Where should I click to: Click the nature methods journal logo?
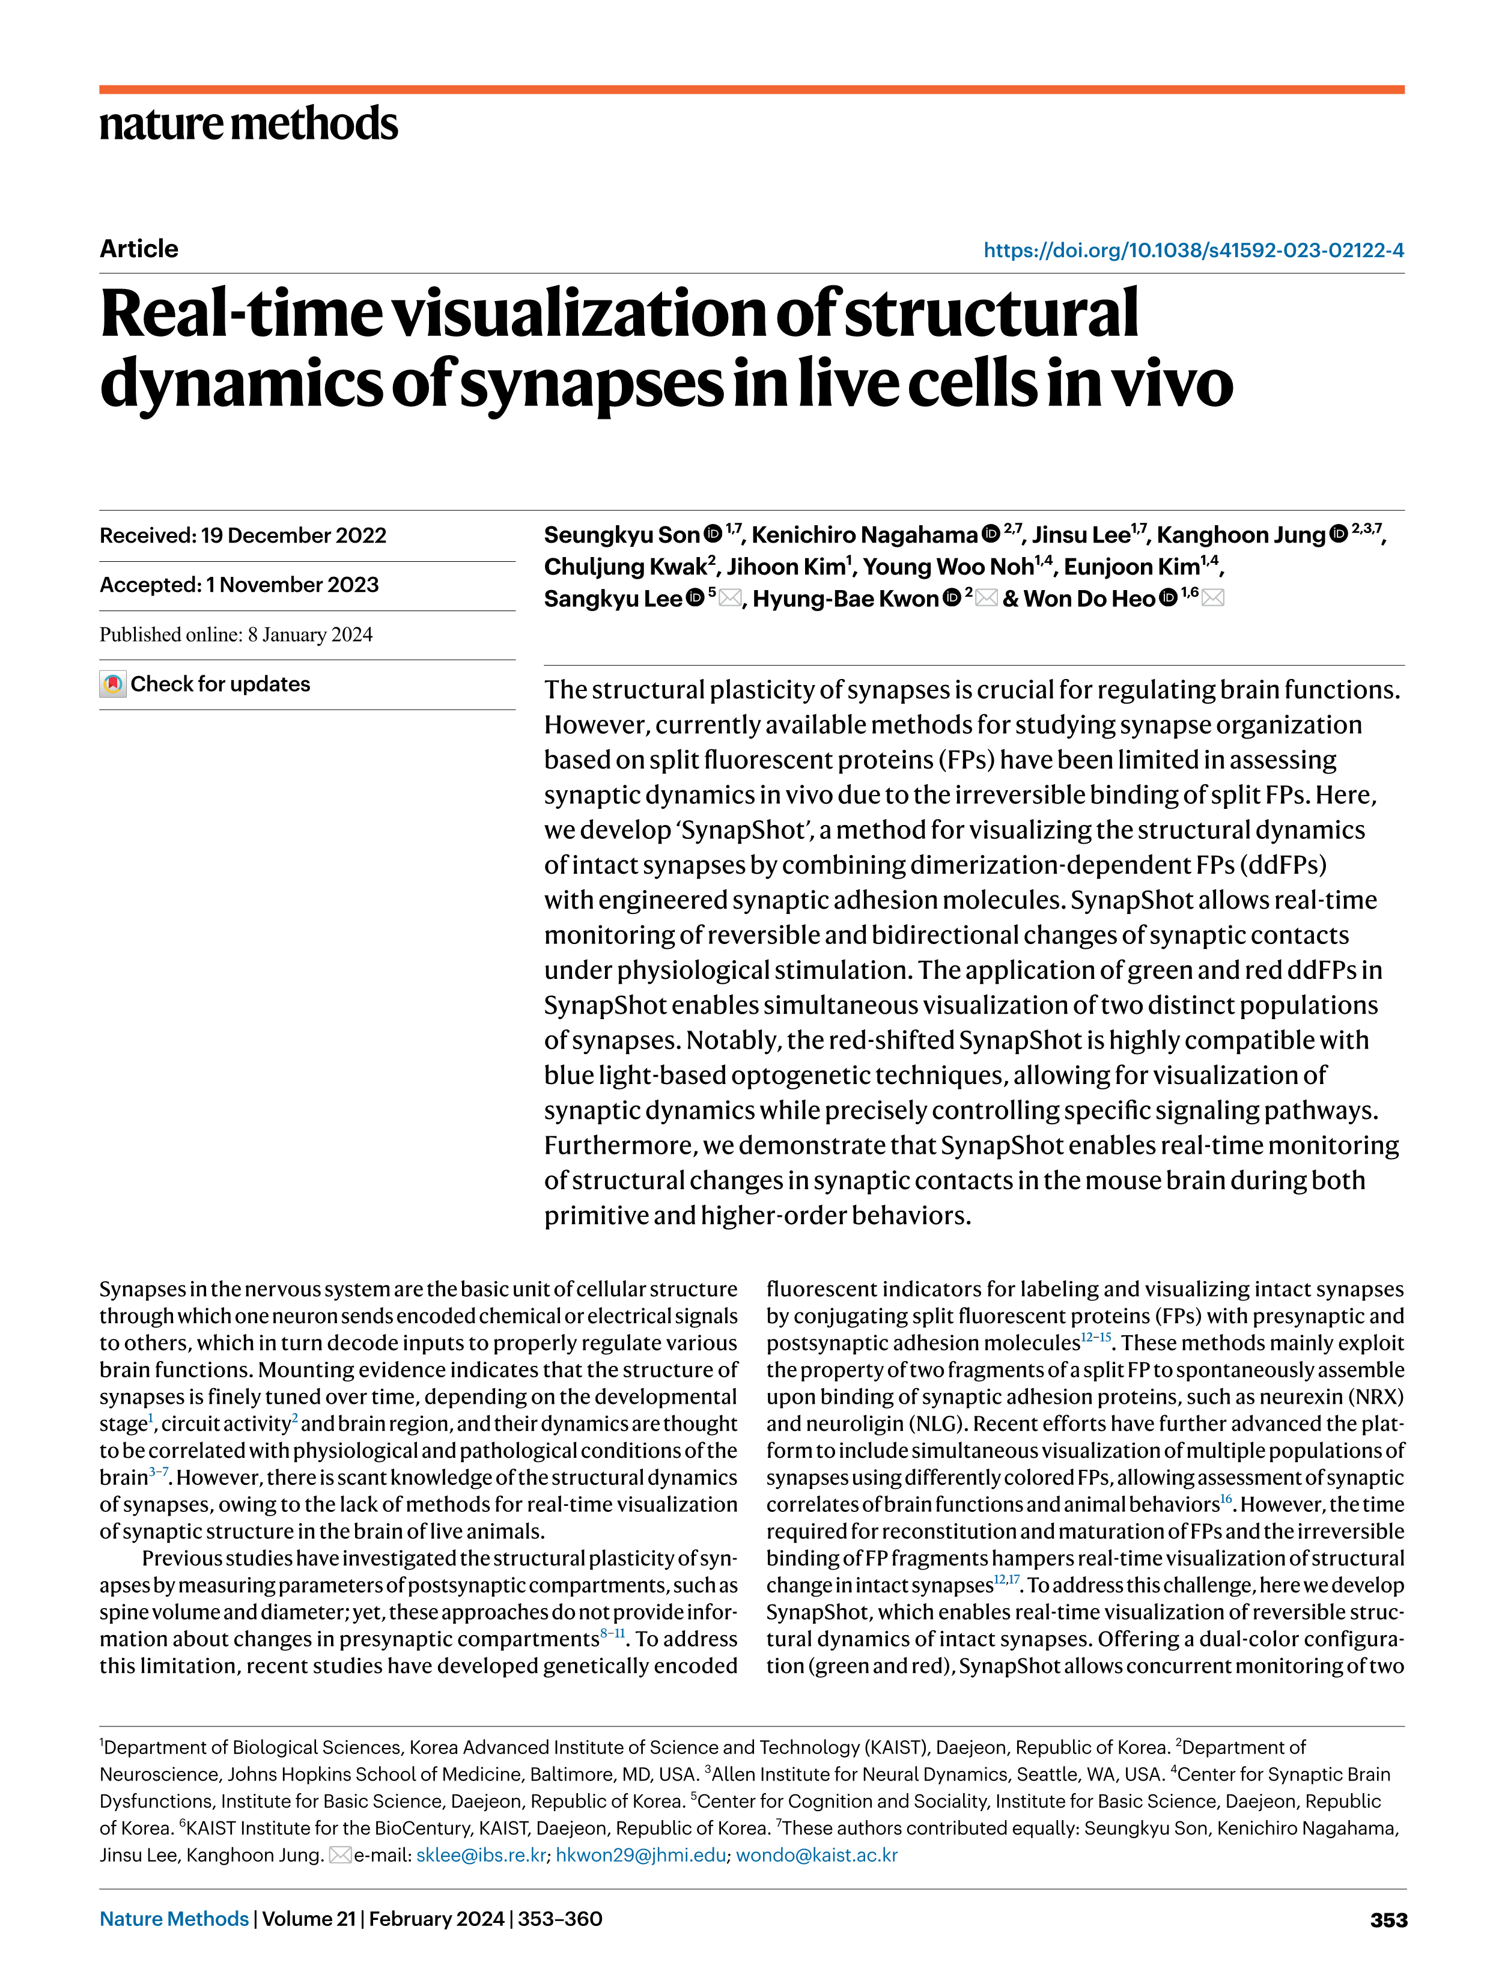[x=248, y=124]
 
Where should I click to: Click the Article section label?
[x=139, y=249]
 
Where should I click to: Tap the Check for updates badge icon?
[x=113, y=685]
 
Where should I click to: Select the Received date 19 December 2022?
[x=243, y=535]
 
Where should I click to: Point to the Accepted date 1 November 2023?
[x=239, y=585]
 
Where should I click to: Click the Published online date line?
[x=236, y=635]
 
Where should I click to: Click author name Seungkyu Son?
[x=621, y=535]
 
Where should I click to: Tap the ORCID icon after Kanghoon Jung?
[x=1338, y=534]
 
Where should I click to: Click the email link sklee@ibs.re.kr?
[x=481, y=1854]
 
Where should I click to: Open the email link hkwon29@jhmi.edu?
[x=640, y=1854]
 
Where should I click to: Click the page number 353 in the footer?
[x=1388, y=1920]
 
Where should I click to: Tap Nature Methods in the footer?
[x=174, y=1919]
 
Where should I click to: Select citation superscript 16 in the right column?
[x=1226, y=1499]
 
